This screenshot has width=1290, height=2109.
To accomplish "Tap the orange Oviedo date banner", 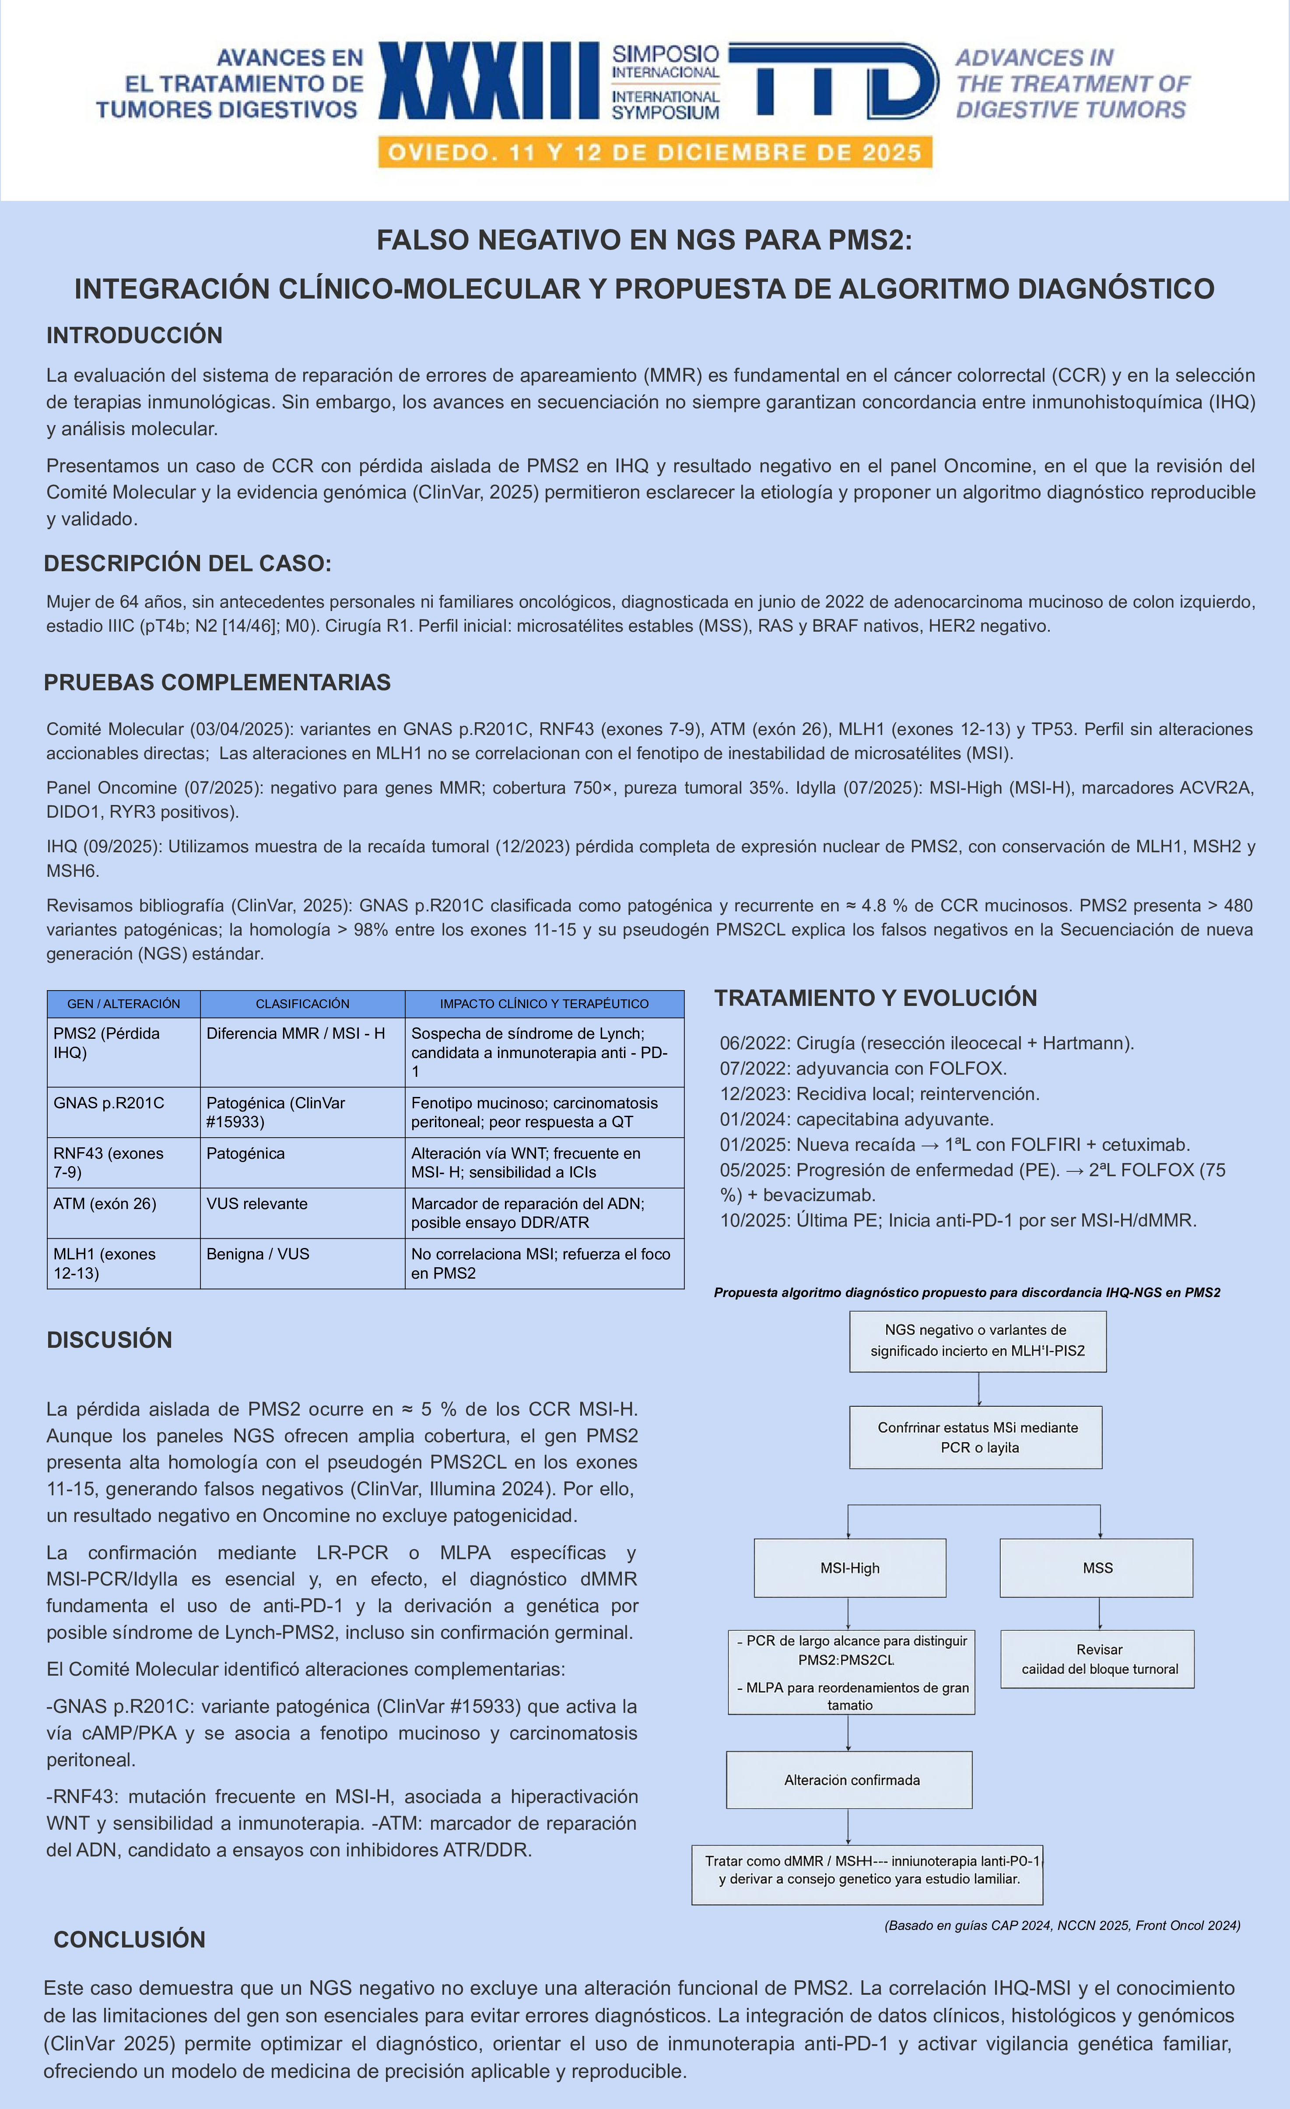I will tap(655, 153).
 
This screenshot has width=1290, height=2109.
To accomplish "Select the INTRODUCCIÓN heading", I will tap(134, 335).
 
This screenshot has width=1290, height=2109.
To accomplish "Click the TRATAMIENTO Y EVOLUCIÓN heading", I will tap(875, 998).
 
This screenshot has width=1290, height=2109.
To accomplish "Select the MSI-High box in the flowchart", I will tap(849, 1568).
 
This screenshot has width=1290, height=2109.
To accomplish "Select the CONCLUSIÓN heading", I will tap(129, 1940).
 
